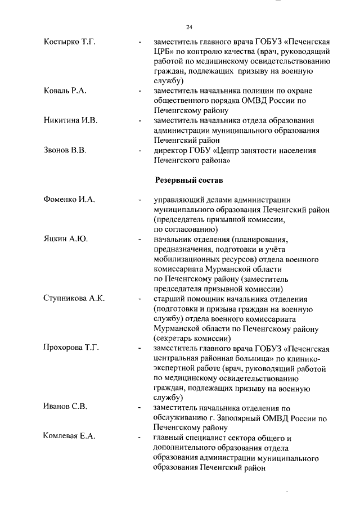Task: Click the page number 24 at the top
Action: click(x=189, y=27)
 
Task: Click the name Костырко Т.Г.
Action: click(x=69, y=42)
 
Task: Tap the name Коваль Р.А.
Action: click(x=65, y=91)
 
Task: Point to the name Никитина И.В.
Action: click(x=71, y=121)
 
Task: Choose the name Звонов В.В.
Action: click(x=65, y=151)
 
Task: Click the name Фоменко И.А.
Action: click(x=70, y=200)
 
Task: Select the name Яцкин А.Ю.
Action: click(x=66, y=239)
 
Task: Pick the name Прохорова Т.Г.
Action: click(x=71, y=348)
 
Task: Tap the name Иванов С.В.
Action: click(x=65, y=407)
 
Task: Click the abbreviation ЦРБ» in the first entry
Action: click(x=166, y=52)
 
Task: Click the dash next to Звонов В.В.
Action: click(x=139, y=151)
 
